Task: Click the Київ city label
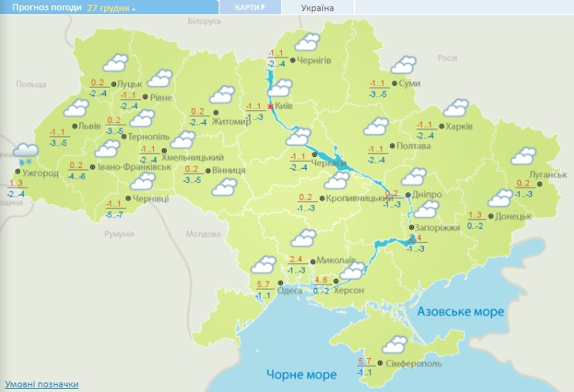coord(284,106)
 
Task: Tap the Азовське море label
coord(460,312)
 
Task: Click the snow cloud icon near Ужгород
coord(26,153)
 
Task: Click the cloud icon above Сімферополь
coord(395,345)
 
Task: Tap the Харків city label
coord(459,126)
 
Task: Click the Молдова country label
coord(201,234)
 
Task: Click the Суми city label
coord(409,83)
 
